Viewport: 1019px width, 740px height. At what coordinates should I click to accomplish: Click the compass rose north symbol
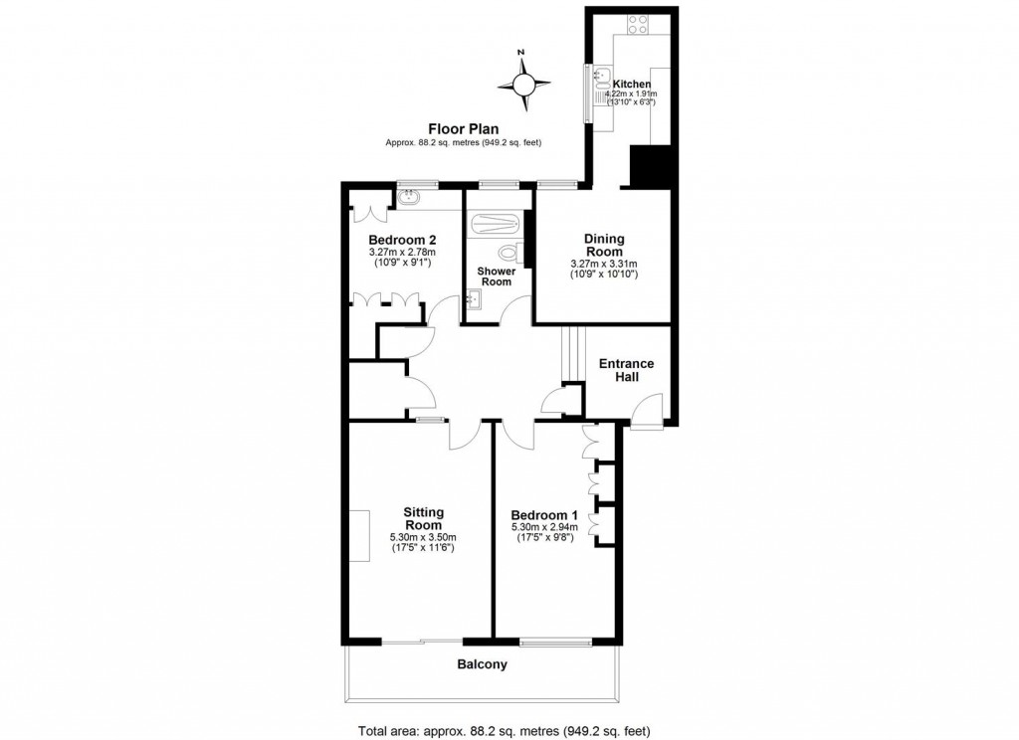pyautogui.click(x=523, y=82)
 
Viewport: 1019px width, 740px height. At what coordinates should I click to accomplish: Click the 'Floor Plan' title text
pyautogui.click(x=463, y=128)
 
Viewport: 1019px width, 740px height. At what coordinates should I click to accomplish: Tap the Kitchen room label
pyautogui.click(x=632, y=84)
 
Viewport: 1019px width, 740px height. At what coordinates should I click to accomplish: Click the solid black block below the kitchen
pyautogui.click(x=649, y=166)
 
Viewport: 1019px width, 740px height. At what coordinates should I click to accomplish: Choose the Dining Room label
pyautogui.click(x=604, y=245)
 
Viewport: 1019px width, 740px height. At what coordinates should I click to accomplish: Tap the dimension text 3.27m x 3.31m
pyautogui.click(x=604, y=263)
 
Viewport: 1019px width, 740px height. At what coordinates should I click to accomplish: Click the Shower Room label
pyautogui.click(x=496, y=276)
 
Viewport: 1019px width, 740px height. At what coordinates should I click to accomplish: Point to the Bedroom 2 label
pyautogui.click(x=402, y=240)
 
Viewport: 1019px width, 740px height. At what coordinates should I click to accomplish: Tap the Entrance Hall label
pyautogui.click(x=626, y=370)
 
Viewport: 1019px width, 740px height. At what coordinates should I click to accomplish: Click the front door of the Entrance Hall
pyautogui.click(x=649, y=410)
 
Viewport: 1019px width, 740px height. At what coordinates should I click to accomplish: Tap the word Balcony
pyautogui.click(x=482, y=664)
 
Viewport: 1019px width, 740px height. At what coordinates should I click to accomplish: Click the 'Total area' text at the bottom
pyautogui.click(x=504, y=730)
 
